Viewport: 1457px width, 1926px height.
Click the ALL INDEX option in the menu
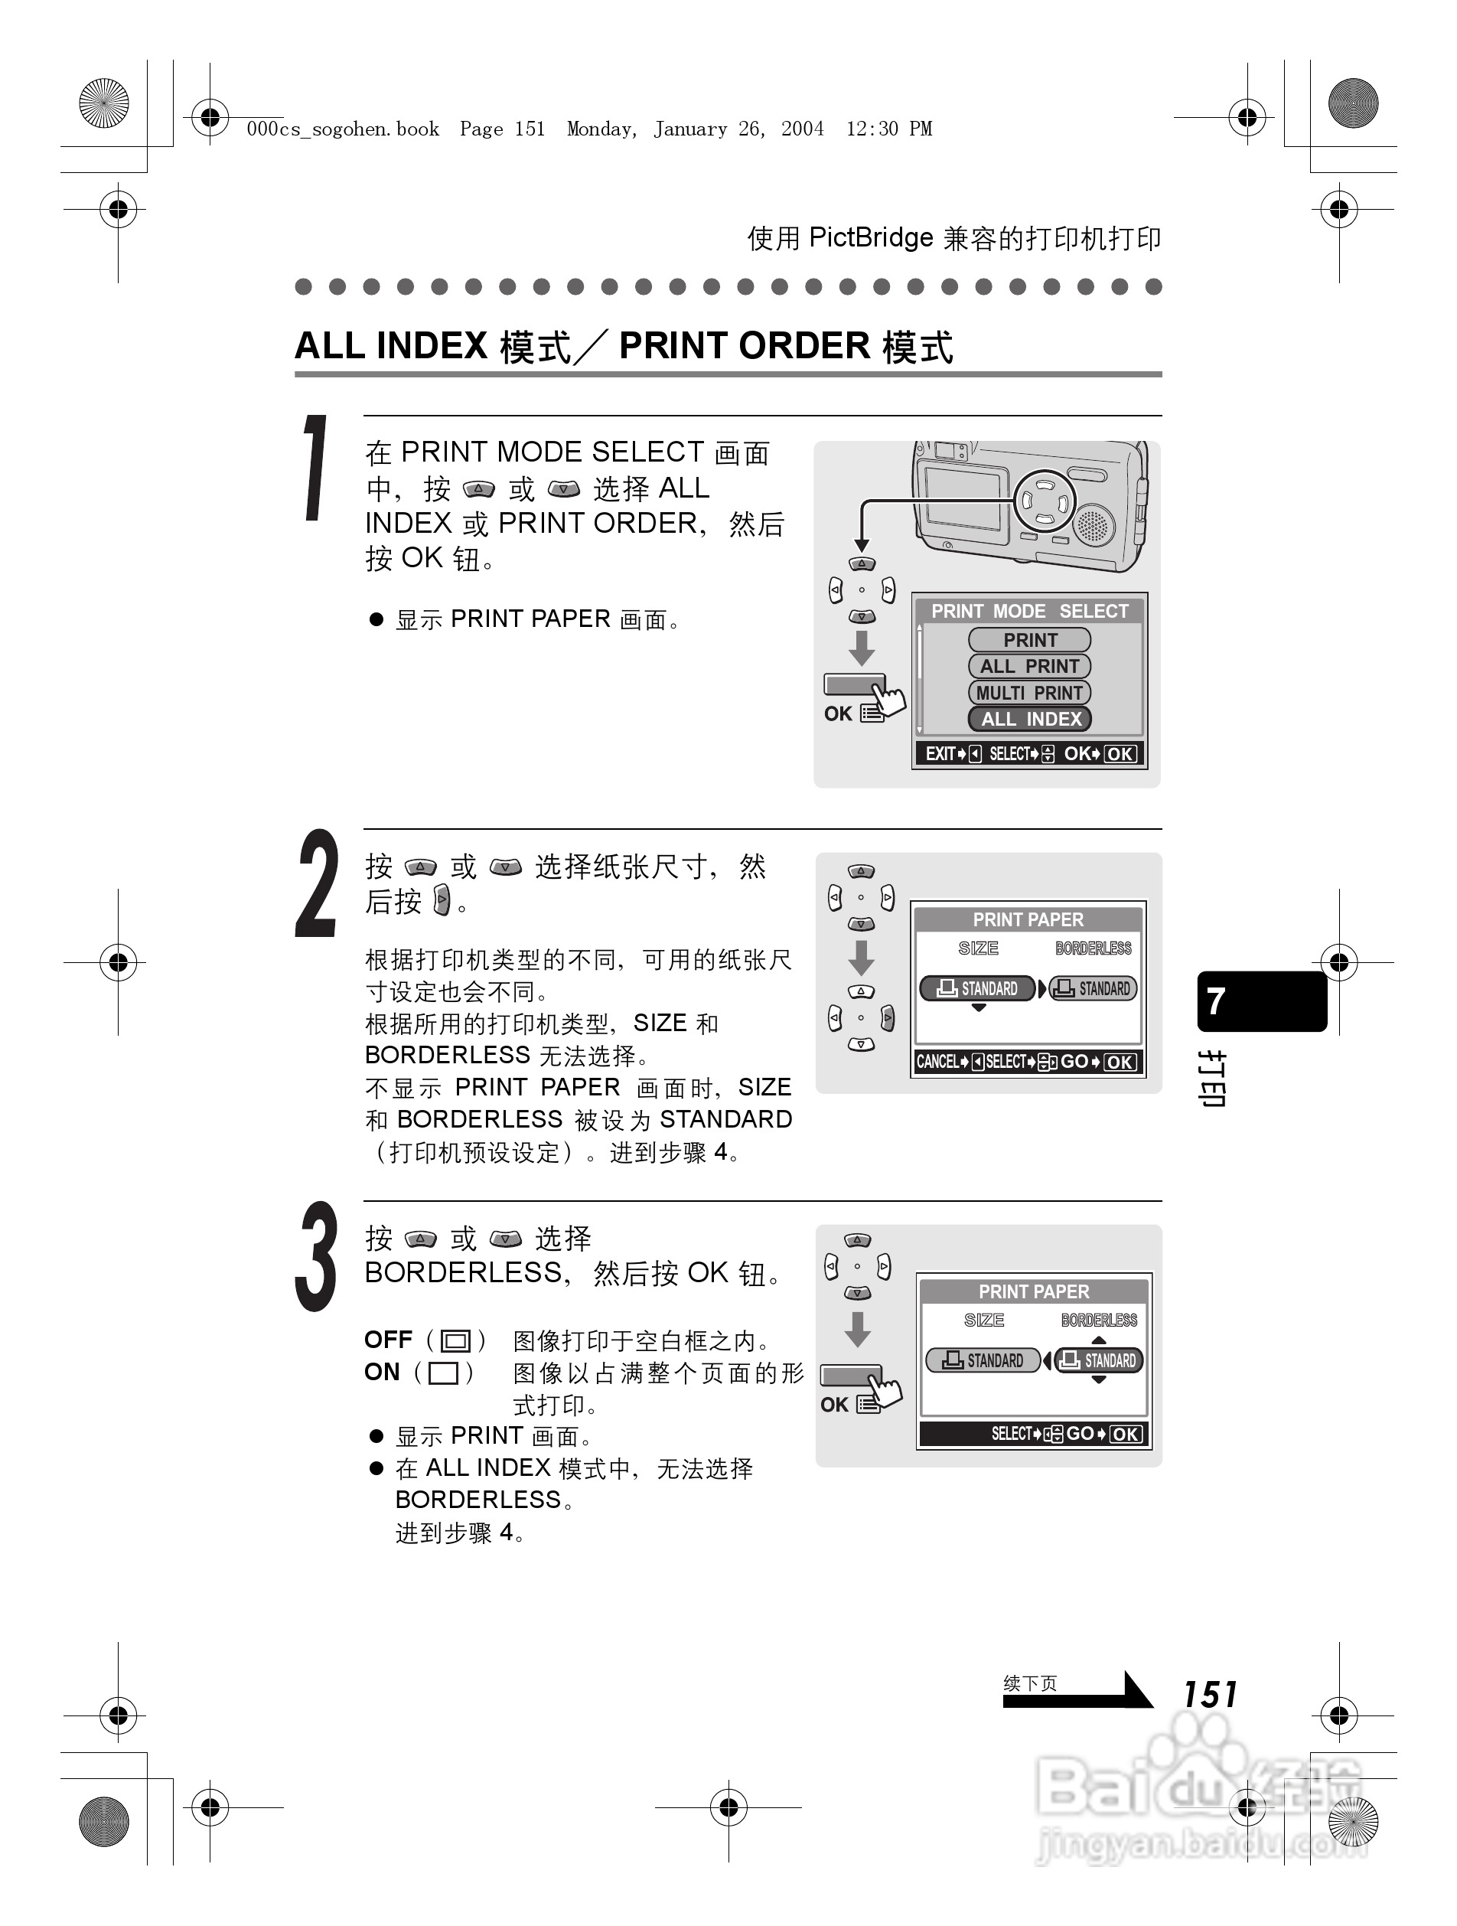point(1030,720)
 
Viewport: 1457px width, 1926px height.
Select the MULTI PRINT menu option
point(1030,693)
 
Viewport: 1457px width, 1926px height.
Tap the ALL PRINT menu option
point(1030,666)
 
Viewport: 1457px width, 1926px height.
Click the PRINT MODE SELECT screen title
point(1030,611)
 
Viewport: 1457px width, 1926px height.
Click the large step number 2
point(315,883)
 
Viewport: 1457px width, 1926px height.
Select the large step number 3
point(315,1256)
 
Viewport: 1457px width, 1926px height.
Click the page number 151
point(1209,1694)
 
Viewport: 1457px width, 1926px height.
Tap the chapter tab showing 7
point(1261,1001)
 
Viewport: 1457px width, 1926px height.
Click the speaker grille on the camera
point(1094,524)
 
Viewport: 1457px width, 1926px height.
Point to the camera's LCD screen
point(963,498)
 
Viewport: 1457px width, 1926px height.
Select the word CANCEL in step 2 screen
point(937,1063)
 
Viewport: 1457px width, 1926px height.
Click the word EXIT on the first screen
point(940,754)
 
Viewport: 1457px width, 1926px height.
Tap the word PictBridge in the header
point(870,238)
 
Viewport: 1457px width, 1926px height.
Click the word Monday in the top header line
point(601,129)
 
